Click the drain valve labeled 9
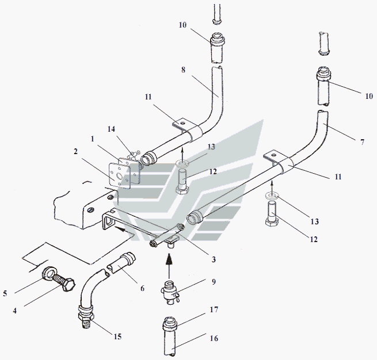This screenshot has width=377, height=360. tap(170, 289)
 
